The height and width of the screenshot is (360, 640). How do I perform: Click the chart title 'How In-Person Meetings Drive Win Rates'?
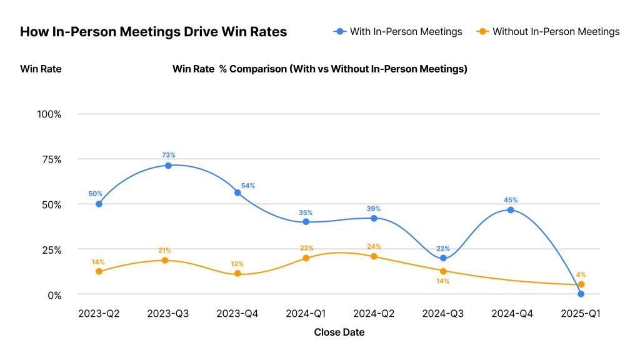point(153,32)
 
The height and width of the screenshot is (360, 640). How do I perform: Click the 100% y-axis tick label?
point(49,114)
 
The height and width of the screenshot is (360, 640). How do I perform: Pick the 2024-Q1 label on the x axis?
point(306,314)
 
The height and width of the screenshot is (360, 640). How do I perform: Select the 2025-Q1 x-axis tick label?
point(581,314)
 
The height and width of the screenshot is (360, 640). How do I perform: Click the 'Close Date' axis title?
point(339,332)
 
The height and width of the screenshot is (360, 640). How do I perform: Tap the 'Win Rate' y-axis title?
point(41,69)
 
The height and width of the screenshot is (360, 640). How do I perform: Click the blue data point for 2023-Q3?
point(168,166)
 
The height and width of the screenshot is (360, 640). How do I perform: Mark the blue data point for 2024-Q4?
point(511,210)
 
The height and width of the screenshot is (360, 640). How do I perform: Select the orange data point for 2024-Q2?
point(374,256)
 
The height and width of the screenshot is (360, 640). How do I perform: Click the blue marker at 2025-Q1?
point(581,294)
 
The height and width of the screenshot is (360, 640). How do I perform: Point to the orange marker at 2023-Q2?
point(99,271)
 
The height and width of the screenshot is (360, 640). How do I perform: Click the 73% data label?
point(168,155)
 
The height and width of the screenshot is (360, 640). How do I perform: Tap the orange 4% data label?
point(581,274)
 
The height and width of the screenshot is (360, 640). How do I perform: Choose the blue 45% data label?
point(511,200)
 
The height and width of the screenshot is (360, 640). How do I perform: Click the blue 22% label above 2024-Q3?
point(443,248)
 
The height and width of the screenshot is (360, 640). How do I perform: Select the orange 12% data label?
point(237,264)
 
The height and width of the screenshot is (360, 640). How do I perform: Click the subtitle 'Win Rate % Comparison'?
point(319,69)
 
